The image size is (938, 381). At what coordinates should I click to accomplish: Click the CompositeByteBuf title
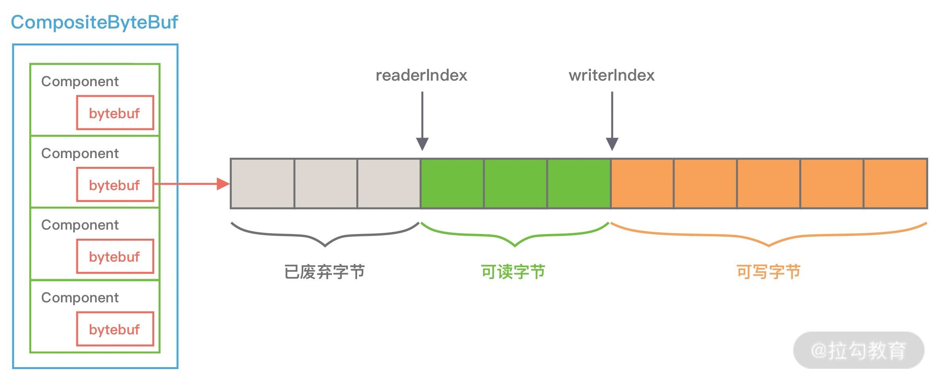pos(94,22)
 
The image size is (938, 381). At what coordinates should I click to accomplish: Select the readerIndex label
pos(421,75)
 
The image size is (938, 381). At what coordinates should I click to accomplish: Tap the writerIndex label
pos(611,75)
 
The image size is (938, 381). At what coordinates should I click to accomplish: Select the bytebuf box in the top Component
pos(115,113)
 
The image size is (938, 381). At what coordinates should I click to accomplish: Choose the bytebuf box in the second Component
pos(115,185)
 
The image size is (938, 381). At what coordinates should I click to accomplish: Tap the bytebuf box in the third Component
pos(115,257)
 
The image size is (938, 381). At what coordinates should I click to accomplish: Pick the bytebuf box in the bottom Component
pos(115,329)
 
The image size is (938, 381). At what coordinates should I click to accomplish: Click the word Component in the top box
pos(80,81)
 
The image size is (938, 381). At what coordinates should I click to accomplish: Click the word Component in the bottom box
pos(80,298)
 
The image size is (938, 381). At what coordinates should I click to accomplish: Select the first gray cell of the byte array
pos(263,184)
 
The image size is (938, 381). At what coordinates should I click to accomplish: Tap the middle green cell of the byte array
pos(515,184)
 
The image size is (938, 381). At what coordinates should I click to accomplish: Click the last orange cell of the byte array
pos(895,184)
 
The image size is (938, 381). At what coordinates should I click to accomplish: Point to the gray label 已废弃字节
pos(324,272)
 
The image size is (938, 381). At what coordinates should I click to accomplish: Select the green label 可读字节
pos(513,272)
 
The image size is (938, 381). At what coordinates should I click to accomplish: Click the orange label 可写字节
pos(768,272)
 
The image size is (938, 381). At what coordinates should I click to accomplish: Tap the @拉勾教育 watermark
pos(859,350)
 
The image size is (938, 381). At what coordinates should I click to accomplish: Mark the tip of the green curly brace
pos(514,246)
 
